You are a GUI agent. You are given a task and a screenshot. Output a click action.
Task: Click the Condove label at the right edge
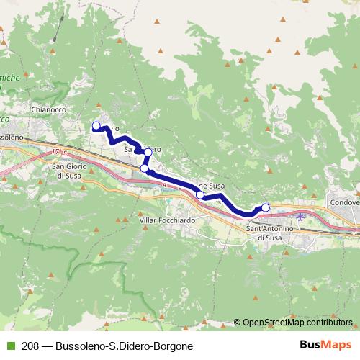(344, 203)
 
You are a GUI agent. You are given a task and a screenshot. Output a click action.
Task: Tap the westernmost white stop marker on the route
(96, 126)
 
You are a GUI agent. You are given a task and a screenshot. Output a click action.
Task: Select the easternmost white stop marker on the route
(265, 208)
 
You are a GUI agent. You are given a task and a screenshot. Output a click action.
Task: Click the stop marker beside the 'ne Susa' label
(200, 194)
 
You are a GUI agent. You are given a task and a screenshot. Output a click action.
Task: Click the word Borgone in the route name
(172, 346)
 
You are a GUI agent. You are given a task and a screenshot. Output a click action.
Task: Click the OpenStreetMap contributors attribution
(297, 323)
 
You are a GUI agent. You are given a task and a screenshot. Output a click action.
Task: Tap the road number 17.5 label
(59, 153)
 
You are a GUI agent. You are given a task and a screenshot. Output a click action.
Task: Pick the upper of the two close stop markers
(148, 152)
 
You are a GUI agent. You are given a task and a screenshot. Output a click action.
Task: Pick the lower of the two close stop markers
(144, 168)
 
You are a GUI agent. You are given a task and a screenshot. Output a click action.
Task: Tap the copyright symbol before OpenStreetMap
(237, 323)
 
